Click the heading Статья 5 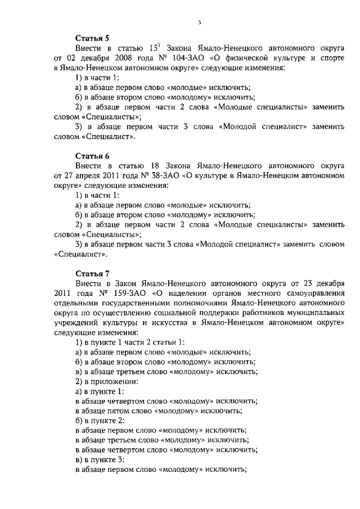pyautogui.click(x=92, y=38)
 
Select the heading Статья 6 pyautogui.click(x=92, y=155)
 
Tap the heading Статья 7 pyautogui.click(x=92, y=273)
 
